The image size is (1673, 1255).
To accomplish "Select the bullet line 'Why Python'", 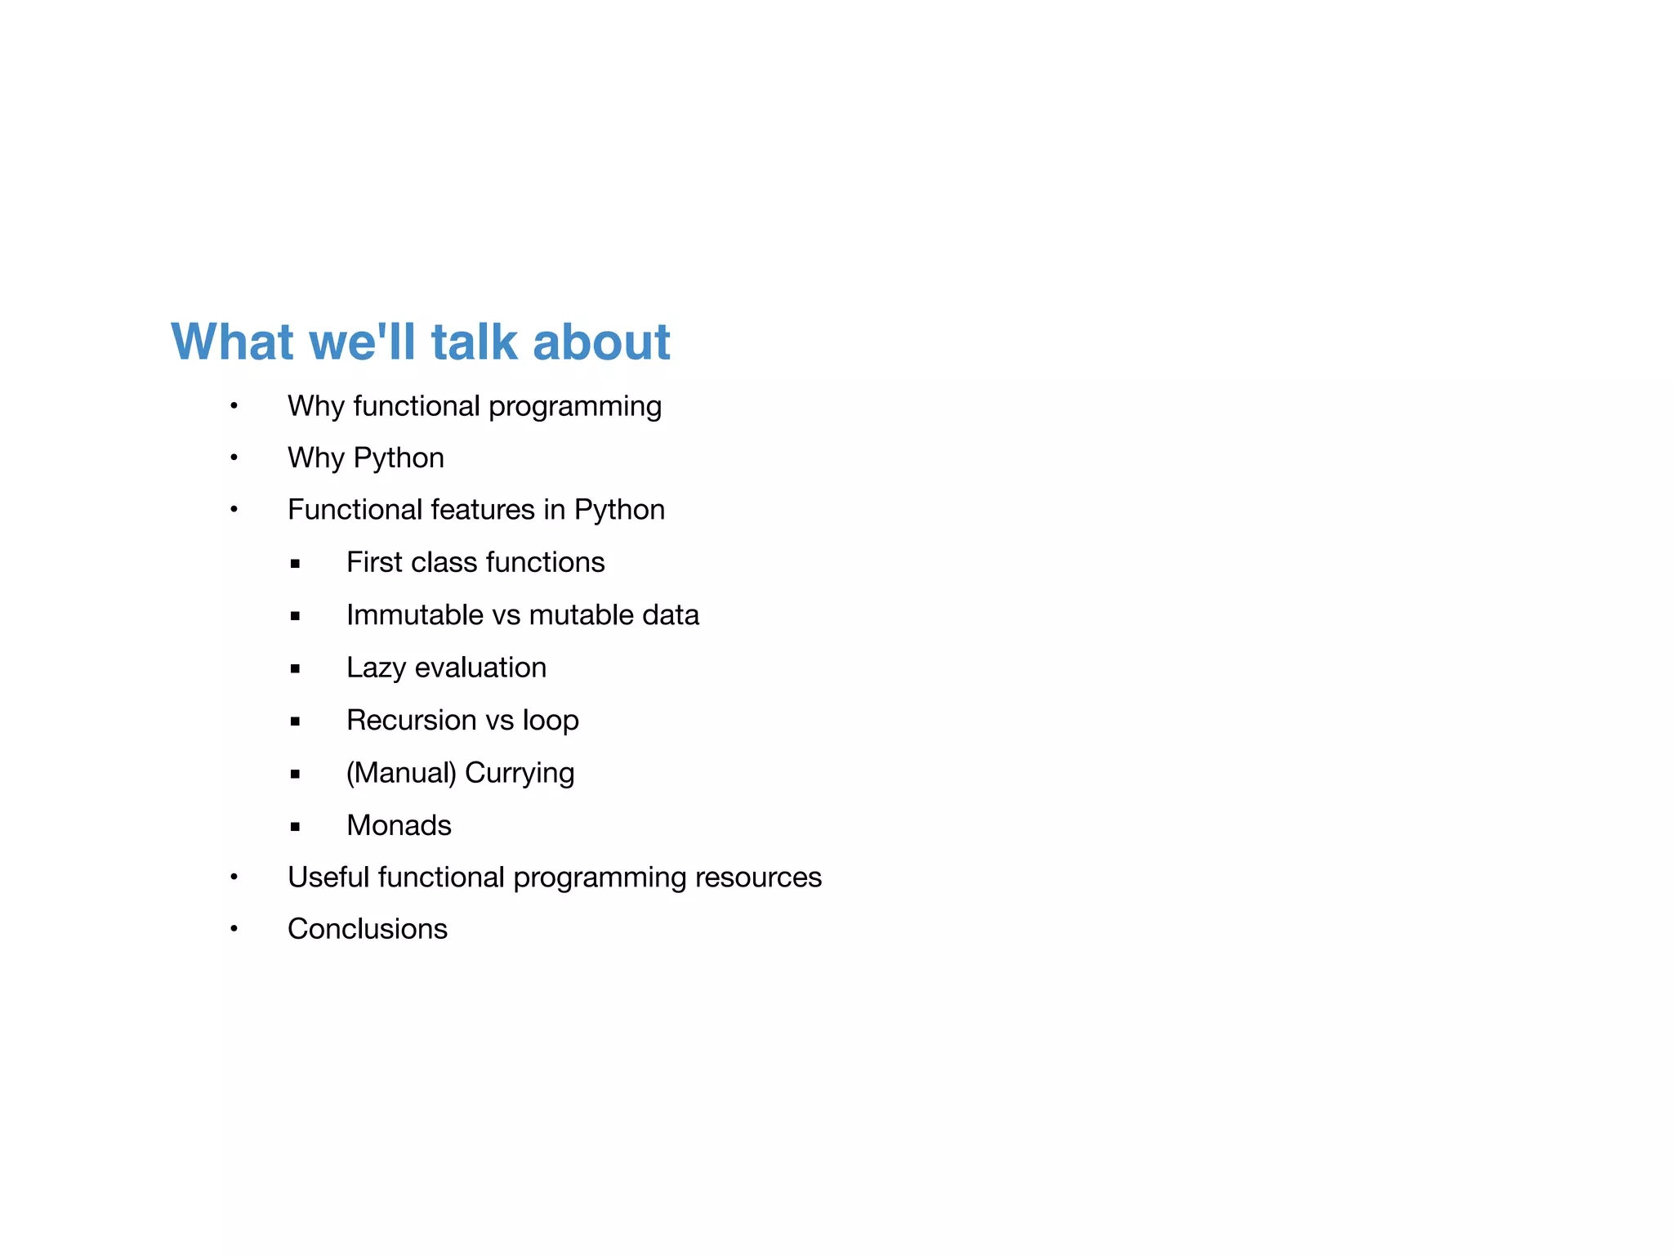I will (x=365, y=458).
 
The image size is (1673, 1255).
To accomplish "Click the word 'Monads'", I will (x=399, y=825).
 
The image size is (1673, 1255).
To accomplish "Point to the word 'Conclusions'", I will (x=367, y=929).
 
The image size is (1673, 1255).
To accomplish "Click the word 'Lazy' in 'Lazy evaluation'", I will (x=376, y=668).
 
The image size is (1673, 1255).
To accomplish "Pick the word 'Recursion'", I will (x=411, y=720).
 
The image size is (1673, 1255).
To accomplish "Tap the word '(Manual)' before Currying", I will (x=400, y=773).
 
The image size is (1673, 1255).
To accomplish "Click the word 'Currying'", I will (x=520, y=773).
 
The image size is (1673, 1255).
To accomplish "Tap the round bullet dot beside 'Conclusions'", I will (x=234, y=928).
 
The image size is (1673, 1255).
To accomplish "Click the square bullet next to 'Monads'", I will (x=295, y=827).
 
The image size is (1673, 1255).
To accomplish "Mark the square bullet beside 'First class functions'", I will (x=295, y=564).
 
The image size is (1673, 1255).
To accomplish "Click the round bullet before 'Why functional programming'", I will (x=234, y=405).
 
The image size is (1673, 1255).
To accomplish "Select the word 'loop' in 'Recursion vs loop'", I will (x=551, y=720).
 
